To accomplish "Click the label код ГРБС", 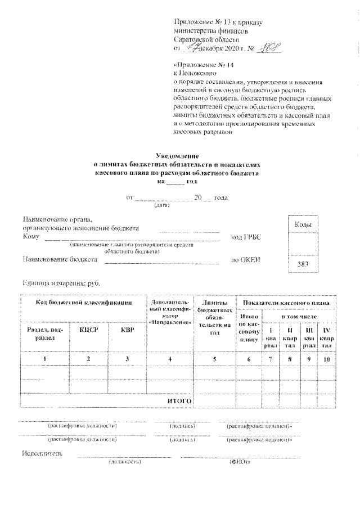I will [x=246, y=238].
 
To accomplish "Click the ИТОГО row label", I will [x=179, y=400].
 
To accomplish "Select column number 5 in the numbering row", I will [x=214, y=358].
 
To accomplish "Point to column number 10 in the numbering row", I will [x=326, y=358].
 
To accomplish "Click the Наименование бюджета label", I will [x=60, y=260].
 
